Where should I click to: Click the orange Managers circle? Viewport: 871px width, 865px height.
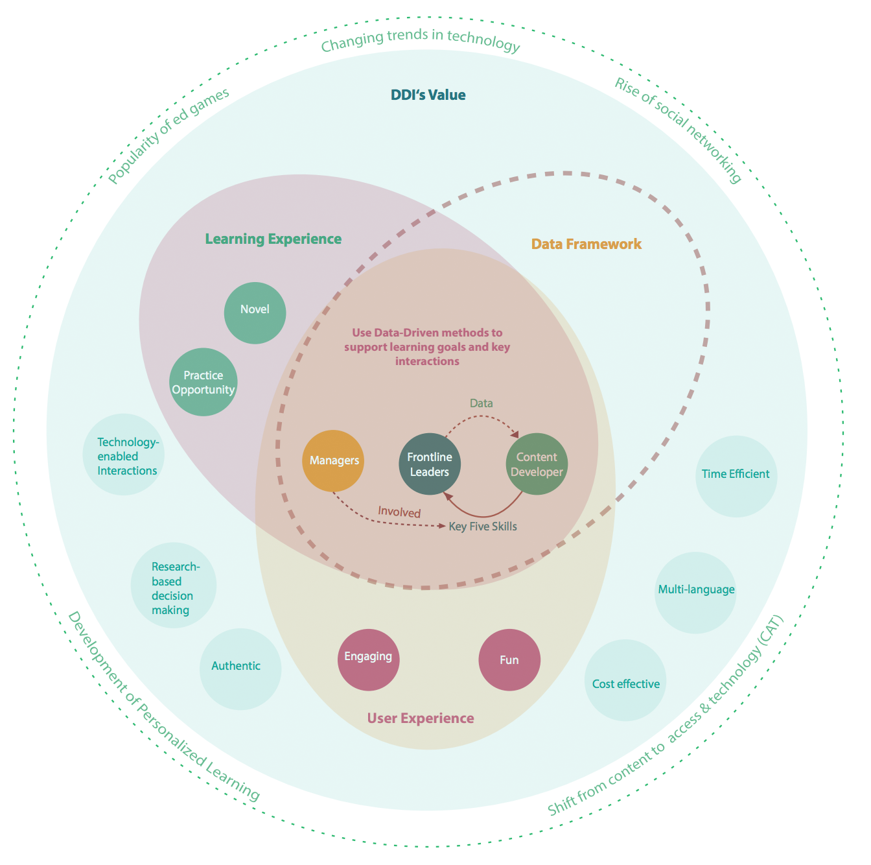[x=332, y=460]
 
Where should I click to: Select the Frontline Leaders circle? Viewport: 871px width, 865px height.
[x=430, y=464]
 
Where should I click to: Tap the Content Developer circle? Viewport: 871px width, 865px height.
[x=537, y=464]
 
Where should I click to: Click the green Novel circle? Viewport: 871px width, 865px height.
[x=255, y=313]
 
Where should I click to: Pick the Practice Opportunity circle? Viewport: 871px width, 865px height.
[x=203, y=382]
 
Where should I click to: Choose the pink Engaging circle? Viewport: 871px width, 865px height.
[x=368, y=659]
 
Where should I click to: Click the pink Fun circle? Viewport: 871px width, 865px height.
[x=509, y=659]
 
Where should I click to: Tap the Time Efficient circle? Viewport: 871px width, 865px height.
[x=736, y=477]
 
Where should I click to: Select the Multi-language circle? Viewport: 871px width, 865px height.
[x=695, y=593]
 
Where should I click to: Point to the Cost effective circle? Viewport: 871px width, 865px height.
[x=625, y=680]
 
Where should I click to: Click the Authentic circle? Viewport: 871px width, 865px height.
[x=240, y=669]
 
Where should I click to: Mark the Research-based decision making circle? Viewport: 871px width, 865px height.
[x=174, y=585]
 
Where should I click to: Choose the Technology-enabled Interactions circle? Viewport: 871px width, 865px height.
[x=123, y=454]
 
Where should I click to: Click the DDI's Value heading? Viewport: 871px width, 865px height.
[x=428, y=95]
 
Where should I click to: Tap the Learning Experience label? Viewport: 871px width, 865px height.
[x=273, y=239]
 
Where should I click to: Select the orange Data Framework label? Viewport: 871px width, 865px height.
[x=586, y=244]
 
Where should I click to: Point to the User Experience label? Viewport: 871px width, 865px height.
[x=421, y=718]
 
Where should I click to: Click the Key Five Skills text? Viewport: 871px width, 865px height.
[x=483, y=526]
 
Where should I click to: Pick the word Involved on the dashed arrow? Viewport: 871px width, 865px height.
[x=399, y=512]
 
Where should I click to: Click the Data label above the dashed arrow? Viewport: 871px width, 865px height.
[x=482, y=403]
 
